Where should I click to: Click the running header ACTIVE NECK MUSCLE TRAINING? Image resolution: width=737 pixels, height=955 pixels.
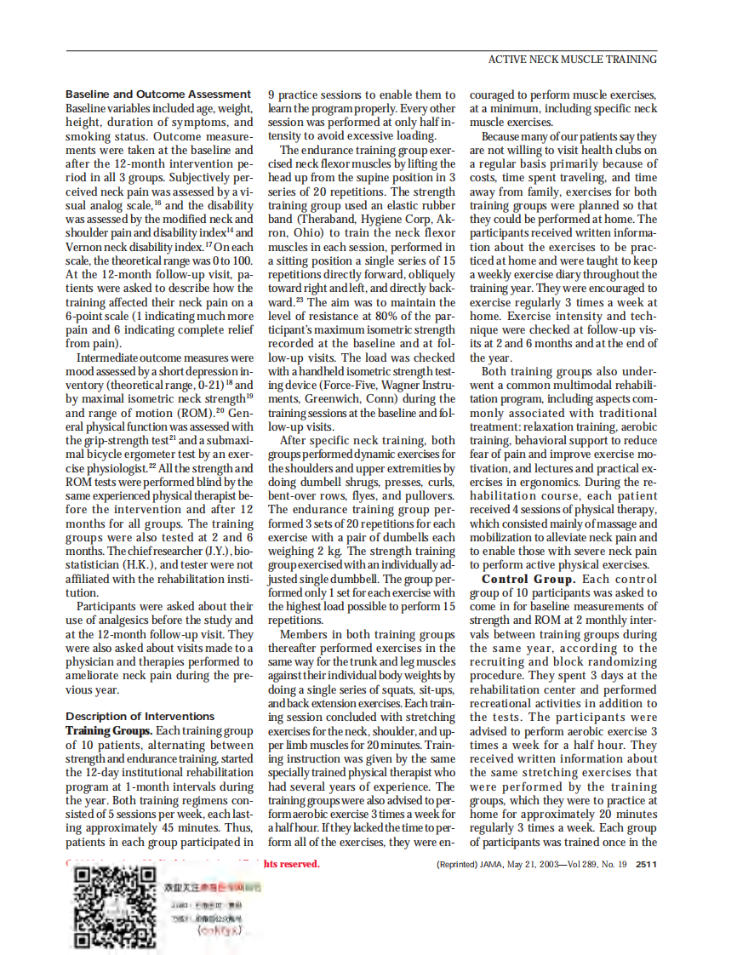coord(571,60)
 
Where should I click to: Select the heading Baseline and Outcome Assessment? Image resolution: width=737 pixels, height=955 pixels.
coord(158,94)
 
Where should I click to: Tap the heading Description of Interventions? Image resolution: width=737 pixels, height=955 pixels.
coord(140,716)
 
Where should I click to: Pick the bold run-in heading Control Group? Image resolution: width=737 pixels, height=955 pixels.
coord(528,579)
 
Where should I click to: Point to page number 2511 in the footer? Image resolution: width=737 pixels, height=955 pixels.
coord(646,864)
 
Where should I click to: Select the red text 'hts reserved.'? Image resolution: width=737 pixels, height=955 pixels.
coord(291,864)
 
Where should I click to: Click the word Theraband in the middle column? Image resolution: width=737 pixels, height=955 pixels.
coord(315,219)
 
